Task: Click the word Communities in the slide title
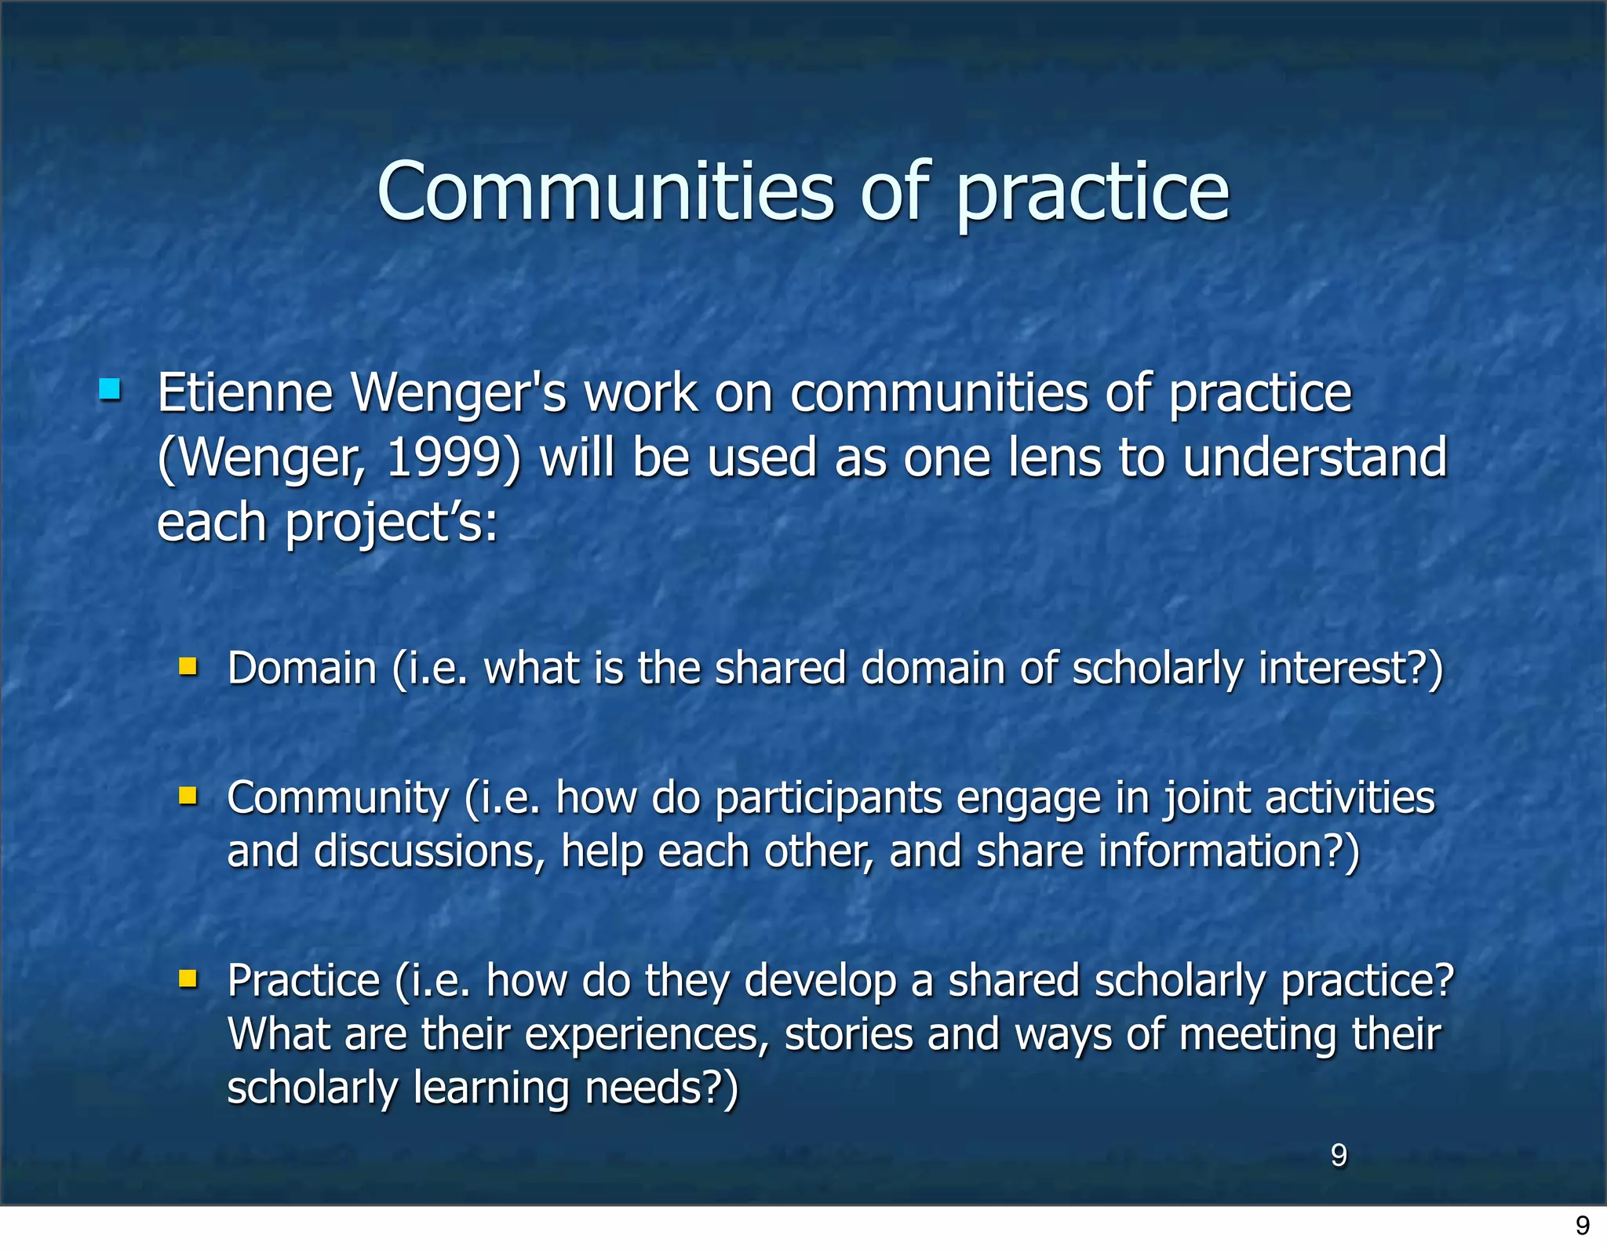pos(605,191)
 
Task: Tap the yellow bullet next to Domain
pos(188,667)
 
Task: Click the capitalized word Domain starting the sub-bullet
pos(302,669)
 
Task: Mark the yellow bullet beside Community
pos(188,796)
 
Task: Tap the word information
pos(1210,851)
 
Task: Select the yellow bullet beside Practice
pos(188,978)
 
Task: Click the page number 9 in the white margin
pos(1583,1226)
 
